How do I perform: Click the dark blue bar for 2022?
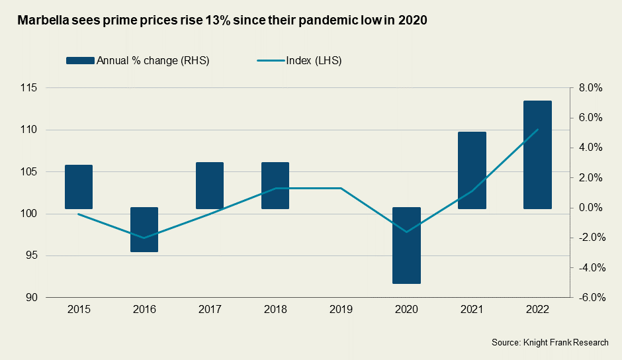coord(537,155)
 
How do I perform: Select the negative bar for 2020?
coord(406,246)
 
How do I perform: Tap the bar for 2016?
coord(144,230)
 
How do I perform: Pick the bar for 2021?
coord(472,170)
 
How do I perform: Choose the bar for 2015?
coord(79,187)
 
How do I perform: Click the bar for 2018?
coord(275,185)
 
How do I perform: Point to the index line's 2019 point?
coord(341,188)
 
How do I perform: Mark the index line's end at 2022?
coord(537,130)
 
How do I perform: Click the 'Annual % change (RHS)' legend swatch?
coord(80,61)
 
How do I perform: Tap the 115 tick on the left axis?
coord(28,88)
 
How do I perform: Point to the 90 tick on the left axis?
coord(30,298)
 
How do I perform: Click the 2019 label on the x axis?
coord(341,310)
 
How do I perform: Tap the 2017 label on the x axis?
coord(210,310)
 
